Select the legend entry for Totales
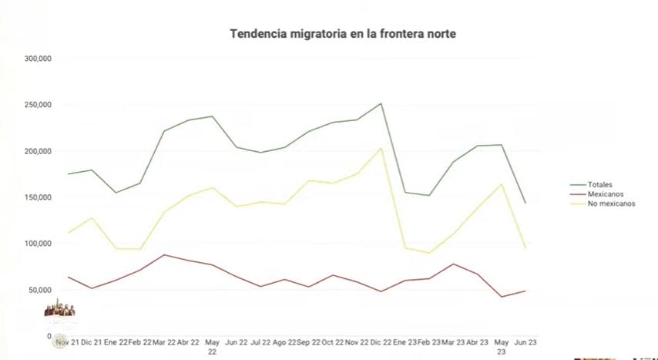[598, 185]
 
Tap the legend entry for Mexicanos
[605, 194]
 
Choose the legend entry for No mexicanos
[611, 204]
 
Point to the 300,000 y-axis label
[38, 59]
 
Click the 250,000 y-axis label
[38, 105]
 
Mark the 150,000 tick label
[38, 197]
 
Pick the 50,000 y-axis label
[39, 290]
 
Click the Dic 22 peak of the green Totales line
[381, 103]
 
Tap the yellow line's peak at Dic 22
[381, 148]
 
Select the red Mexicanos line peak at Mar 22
[164, 254]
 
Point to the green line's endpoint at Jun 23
[525, 203]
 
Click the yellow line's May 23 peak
[502, 184]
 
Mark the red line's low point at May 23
[502, 297]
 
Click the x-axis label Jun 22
[237, 341]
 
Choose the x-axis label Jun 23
[525, 341]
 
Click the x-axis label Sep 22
[308, 341]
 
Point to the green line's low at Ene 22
[116, 193]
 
